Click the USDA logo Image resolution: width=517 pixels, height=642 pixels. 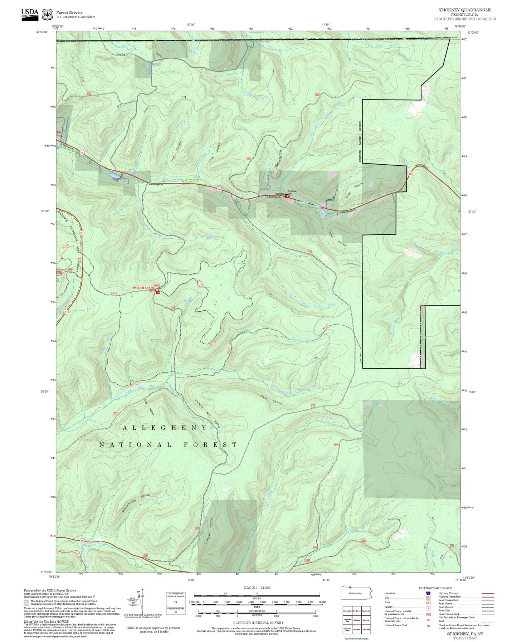click(x=30, y=14)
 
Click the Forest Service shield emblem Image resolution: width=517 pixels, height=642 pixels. click(x=47, y=14)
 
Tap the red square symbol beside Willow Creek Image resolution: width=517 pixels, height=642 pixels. click(x=157, y=292)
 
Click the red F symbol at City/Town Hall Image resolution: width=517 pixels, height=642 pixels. click(x=287, y=196)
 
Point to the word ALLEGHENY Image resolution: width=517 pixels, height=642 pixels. click(x=165, y=428)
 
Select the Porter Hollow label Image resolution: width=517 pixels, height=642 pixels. click(x=338, y=238)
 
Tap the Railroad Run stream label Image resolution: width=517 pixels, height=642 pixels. click(x=301, y=340)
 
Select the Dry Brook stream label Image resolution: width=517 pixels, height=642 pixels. click(x=204, y=236)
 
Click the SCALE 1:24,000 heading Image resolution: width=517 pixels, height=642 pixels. click(x=257, y=588)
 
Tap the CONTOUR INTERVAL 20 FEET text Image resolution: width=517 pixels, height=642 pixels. click(x=258, y=623)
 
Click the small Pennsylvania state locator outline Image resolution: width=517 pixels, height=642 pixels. click(x=356, y=593)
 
